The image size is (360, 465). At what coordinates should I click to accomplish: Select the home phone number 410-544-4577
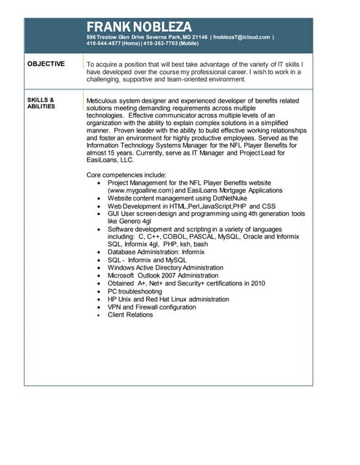point(106,43)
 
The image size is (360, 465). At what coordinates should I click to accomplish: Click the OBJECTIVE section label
point(46,65)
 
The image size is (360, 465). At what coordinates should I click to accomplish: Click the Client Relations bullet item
point(130,315)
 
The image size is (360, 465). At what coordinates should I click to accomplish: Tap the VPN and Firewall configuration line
point(152,307)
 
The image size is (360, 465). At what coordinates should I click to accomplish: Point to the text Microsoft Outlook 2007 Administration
point(163,275)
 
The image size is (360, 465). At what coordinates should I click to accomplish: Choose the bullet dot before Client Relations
point(98,315)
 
